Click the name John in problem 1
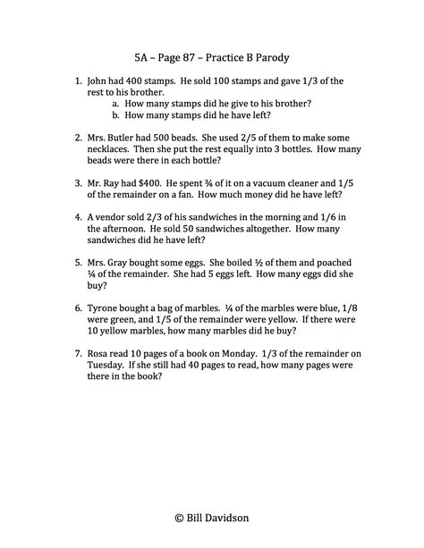point(101,81)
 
